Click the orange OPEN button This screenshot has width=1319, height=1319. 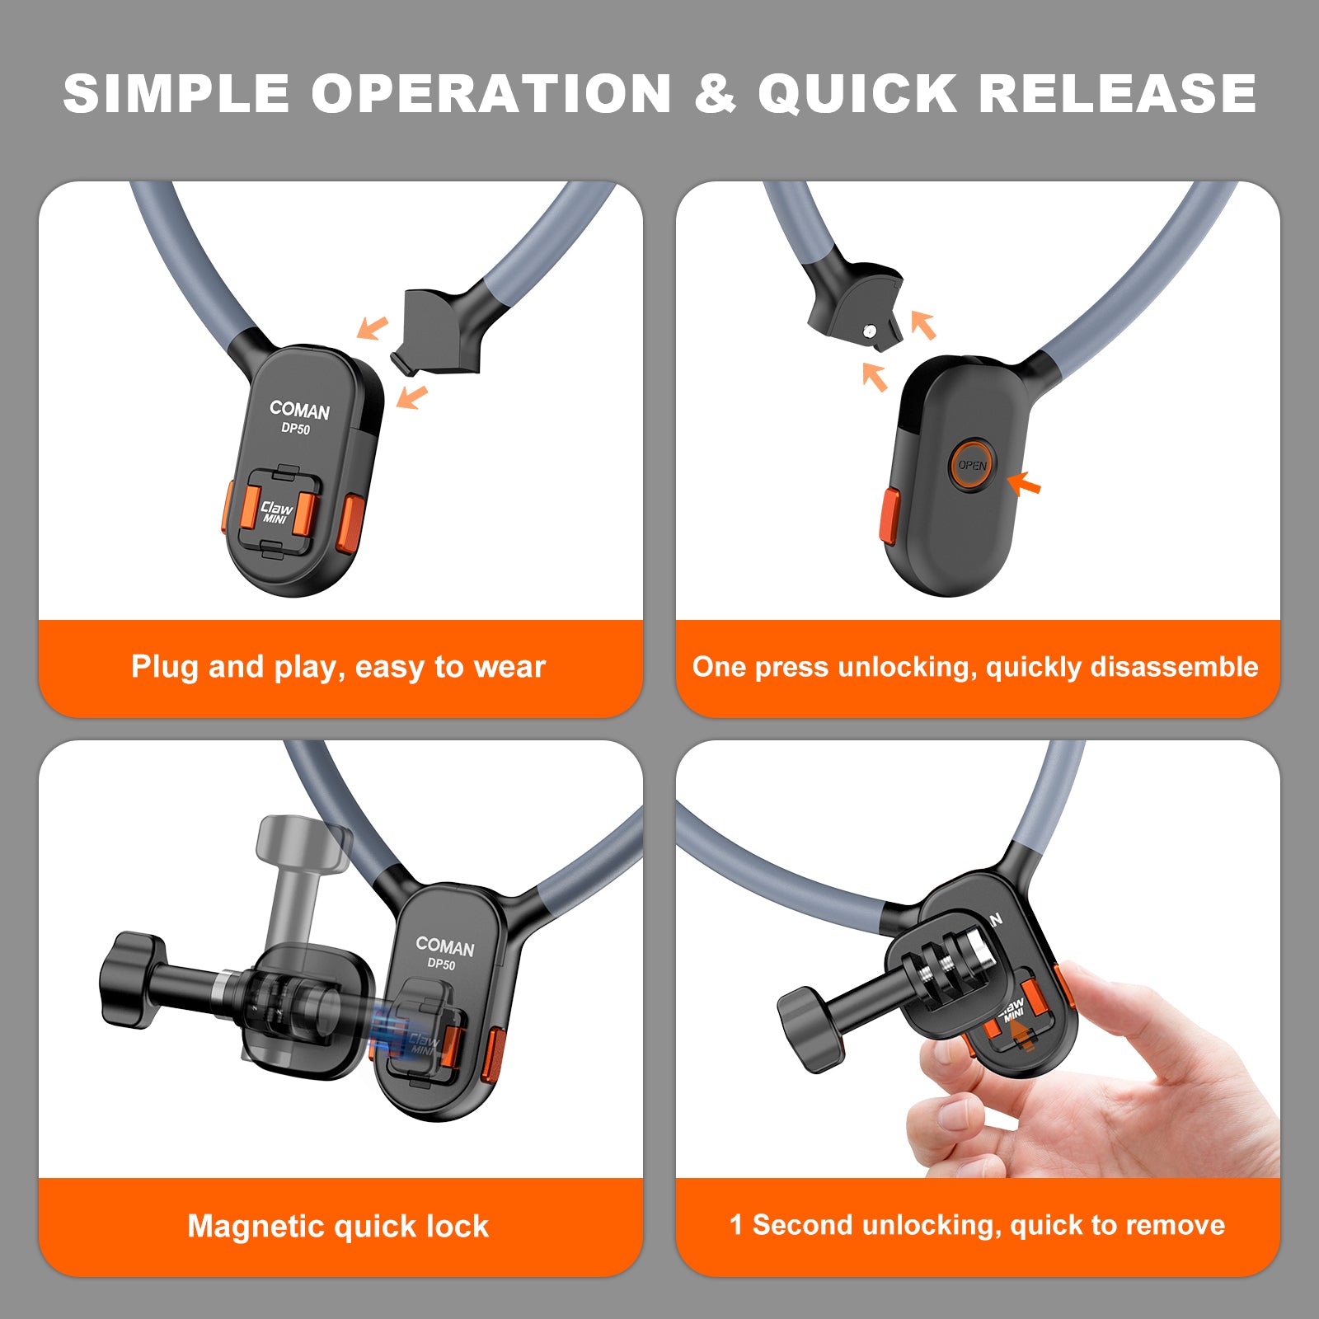pyautogui.click(x=972, y=465)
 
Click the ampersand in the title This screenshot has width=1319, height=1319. pyautogui.click(x=715, y=93)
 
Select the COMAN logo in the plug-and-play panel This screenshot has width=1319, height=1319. pyautogui.click(x=299, y=410)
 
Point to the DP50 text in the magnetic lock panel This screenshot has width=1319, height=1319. pyautogui.click(x=441, y=964)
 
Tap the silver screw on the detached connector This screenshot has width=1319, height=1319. pyautogui.click(x=870, y=331)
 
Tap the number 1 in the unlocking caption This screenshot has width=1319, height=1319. pyautogui.click(x=736, y=1224)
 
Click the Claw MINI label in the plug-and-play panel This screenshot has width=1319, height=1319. pyautogui.click(x=276, y=512)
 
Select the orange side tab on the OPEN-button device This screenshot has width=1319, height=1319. pyautogui.click(x=890, y=516)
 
